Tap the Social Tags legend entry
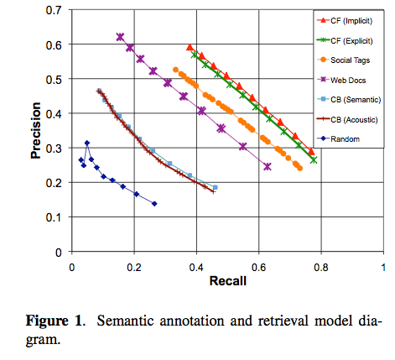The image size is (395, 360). [x=348, y=60]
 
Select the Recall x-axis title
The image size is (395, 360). [x=226, y=281]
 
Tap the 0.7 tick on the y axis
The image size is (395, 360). [x=55, y=9]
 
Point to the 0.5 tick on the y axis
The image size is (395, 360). [x=55, y=78]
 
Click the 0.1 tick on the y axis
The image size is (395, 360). [x=55, y=217]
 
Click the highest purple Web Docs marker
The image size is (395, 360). [x=120, y=37]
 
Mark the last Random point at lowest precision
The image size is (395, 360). [x=154, y=204]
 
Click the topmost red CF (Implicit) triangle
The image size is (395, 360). [x=190, y=48]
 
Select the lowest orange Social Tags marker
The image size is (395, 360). [x=299, y=168]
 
